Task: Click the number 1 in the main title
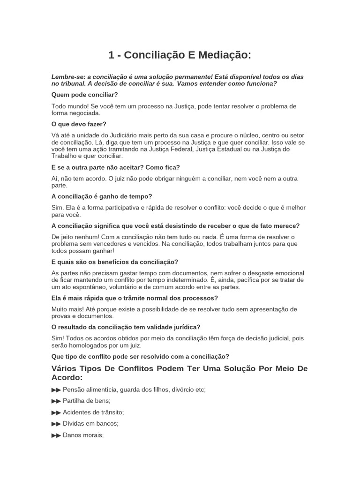tap(112, 55)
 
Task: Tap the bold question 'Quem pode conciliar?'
tap(84, 95)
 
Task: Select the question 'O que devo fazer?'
tap(79, 124)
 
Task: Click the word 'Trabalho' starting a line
tap(64, 156)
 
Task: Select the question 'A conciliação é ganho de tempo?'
tap(102, 196)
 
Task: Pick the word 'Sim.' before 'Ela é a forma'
tap(58, 208)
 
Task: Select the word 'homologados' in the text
tap(90, 345)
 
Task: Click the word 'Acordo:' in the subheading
tap(67, 377)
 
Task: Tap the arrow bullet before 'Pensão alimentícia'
tap(56, 390)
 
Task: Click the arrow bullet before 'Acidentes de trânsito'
tap(56, 412)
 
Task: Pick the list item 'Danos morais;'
tap(83, 435)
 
